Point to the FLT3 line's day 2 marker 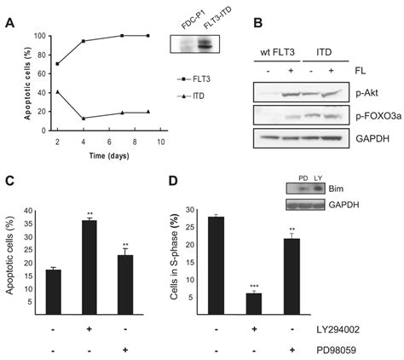(x=57, y=64)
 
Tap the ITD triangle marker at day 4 (x=83, y=119)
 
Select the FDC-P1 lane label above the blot (x=185, y=20)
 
